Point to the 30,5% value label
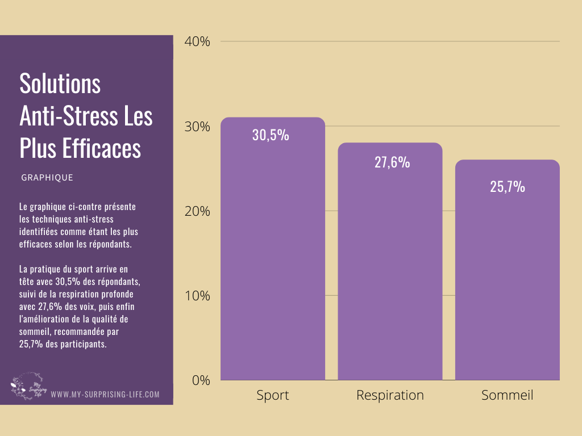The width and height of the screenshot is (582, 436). [271, 136]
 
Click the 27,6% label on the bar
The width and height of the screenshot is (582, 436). [392, 162]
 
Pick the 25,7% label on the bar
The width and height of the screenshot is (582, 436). [508, 187]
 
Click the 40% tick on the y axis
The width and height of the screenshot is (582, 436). [198, 41]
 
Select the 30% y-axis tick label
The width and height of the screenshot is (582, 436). [198, 127]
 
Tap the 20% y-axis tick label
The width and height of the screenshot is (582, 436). [198, 211]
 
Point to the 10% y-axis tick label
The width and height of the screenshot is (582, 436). [198, 296]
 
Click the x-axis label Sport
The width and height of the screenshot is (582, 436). [273, 395]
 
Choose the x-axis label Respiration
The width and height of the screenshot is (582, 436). [390, 395]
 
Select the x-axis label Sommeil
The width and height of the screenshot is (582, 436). [507, 395]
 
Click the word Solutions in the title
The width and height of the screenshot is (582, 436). [60, 84]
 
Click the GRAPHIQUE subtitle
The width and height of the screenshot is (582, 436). [47, 178]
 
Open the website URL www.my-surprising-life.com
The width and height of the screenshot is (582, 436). [105, 394]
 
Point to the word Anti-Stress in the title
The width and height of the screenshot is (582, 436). [62, 116]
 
